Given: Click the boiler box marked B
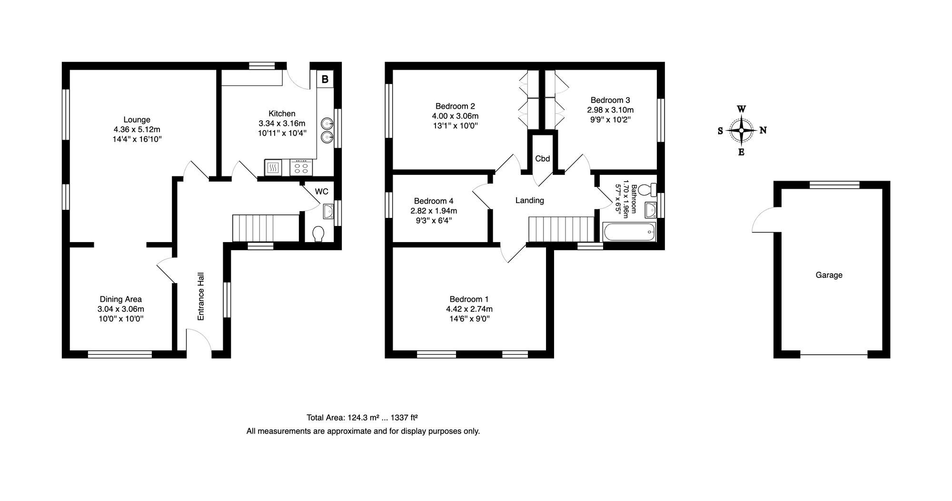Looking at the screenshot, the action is (325, 79).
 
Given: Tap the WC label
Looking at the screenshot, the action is (322, 192).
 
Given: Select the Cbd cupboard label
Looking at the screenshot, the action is (543, 159).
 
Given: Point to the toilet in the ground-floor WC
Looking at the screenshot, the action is (318, 234).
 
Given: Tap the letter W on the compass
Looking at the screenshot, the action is (742, 109).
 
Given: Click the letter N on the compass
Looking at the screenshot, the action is (763, 130).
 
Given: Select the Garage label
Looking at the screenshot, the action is (829, 275).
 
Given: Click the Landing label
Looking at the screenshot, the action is (530, 200).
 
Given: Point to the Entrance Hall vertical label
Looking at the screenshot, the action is (201, 296).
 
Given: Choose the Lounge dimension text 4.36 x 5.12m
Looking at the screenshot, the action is (137, 129).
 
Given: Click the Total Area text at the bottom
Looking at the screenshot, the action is (362, 418).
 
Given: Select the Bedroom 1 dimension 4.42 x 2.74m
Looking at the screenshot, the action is (469, 309).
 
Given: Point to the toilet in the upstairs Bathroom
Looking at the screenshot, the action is (647, 190).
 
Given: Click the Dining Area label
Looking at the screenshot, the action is (120, 299).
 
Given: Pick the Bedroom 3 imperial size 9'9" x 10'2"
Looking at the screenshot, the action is (610, 120).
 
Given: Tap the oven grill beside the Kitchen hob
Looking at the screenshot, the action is (273, 167).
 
